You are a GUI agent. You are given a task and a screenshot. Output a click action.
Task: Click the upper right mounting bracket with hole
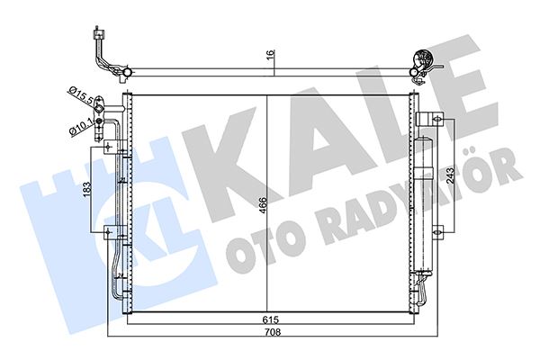tap(432, 118)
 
